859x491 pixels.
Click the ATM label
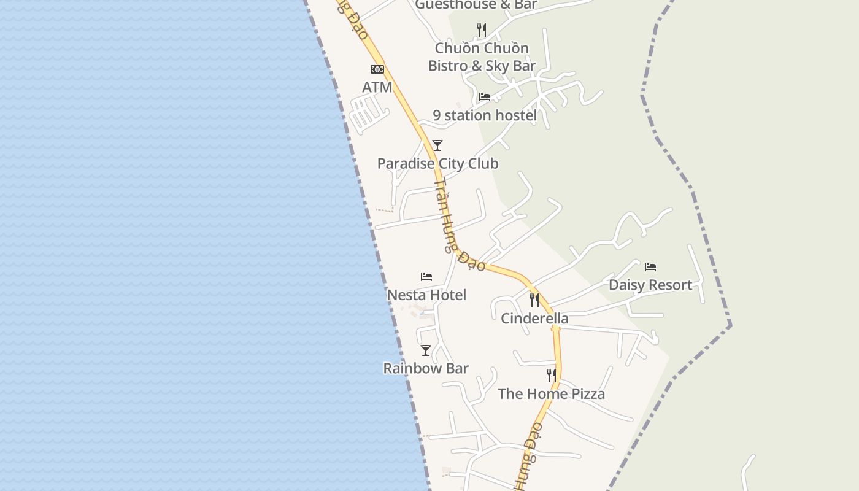pyautogui.click(x=377, y=87)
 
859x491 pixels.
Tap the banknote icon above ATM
pyautogui.click(x=377, y=69)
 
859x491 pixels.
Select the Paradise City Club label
pyautogui.click(x=437, y=164)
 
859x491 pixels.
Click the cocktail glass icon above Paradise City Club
pyautogui.click(x=437, y=145)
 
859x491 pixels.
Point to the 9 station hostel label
pyautogui.click(x=485, y=115)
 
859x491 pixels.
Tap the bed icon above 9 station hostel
pyautogui.click(x=485, y=97)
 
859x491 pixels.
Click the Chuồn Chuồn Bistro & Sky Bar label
pyautogui.click(x=482, y=57)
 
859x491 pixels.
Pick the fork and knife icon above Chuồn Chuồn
pyautogui.click(x=482, y=29)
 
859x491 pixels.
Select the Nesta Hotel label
pyautogui.click(x=426, y=295)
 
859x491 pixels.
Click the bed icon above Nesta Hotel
pyautogui.click(x=426, y=277)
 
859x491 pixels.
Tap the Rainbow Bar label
pyautogui.click(x=426, y=369)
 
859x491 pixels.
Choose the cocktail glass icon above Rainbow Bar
pyautogui.click(x=426, y=350)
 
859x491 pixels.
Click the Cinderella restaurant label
pyautogui.click(x=534, y=319)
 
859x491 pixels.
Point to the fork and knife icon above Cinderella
pyautogui.click(x=534, y=300)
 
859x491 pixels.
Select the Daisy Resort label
pyautogui.click(x=650, y=285)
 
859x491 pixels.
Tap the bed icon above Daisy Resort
pyautogui.click(x=650, y=267)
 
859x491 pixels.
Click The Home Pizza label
pyautogui.click(x=551, y=394)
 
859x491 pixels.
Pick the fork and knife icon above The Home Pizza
pyautogui.click(x=552, y=376)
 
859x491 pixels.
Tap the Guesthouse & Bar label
pyautogui.click(x=476, y=5)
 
